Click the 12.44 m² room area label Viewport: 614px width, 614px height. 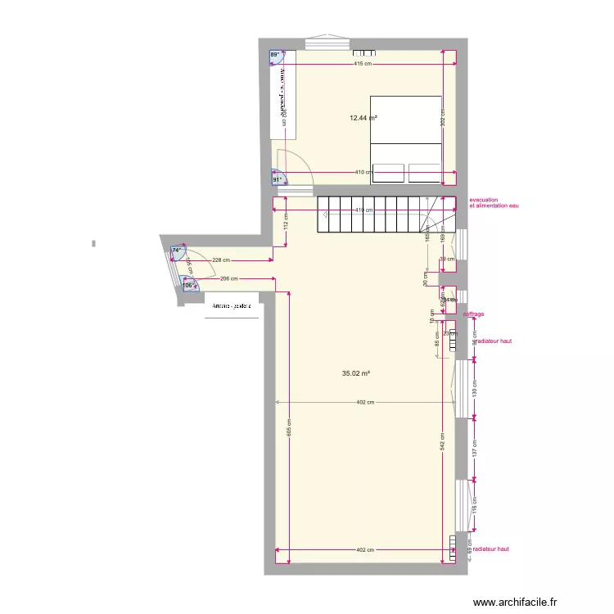(x=363, y=118)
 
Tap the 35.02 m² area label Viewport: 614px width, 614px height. (x=356, y=373)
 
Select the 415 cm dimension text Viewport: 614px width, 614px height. (x=363, y=64)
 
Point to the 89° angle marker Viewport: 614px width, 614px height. (x=275, y=56)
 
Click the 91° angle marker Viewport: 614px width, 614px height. (x=278, y=179)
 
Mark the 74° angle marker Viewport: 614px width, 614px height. (x=176, y=251)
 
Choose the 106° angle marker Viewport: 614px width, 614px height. (x=189, y=286)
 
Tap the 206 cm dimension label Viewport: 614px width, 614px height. (x=229, y=278)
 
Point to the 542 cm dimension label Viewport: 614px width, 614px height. (x=441, y=443)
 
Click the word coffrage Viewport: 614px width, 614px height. (x=473, y=314)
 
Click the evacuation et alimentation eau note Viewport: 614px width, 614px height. (x=494, y=203)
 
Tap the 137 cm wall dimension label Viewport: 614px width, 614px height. (x=474, y=448)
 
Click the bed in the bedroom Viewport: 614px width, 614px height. (x=406, y=138)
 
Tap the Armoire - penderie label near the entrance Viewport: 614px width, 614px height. (x=230, y=307)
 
